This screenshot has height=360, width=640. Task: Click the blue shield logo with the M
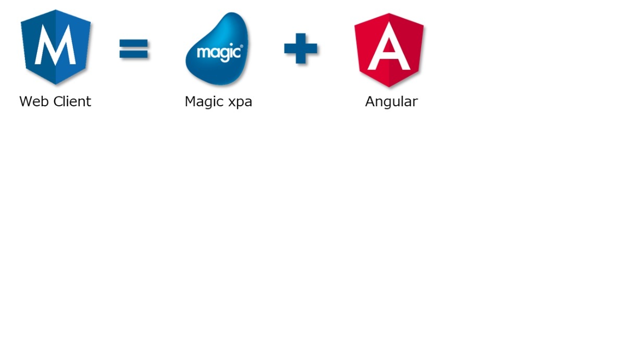(56, 47)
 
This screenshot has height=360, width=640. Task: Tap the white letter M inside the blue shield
(55, 44)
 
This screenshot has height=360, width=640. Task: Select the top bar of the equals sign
(133, 43)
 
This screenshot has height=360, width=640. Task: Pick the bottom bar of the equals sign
(133, 54)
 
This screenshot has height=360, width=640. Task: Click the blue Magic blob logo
(217, 48)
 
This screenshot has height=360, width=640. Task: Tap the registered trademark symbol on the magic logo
(241, 46)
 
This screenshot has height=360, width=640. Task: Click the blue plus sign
(301, 48)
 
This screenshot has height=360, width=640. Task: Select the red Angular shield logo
(389, 50)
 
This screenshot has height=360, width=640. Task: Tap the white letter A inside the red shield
(389, 46)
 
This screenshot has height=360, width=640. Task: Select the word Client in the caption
(72, 102)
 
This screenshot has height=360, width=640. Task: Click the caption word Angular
(391, 102)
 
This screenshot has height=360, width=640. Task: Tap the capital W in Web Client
(26, 102)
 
